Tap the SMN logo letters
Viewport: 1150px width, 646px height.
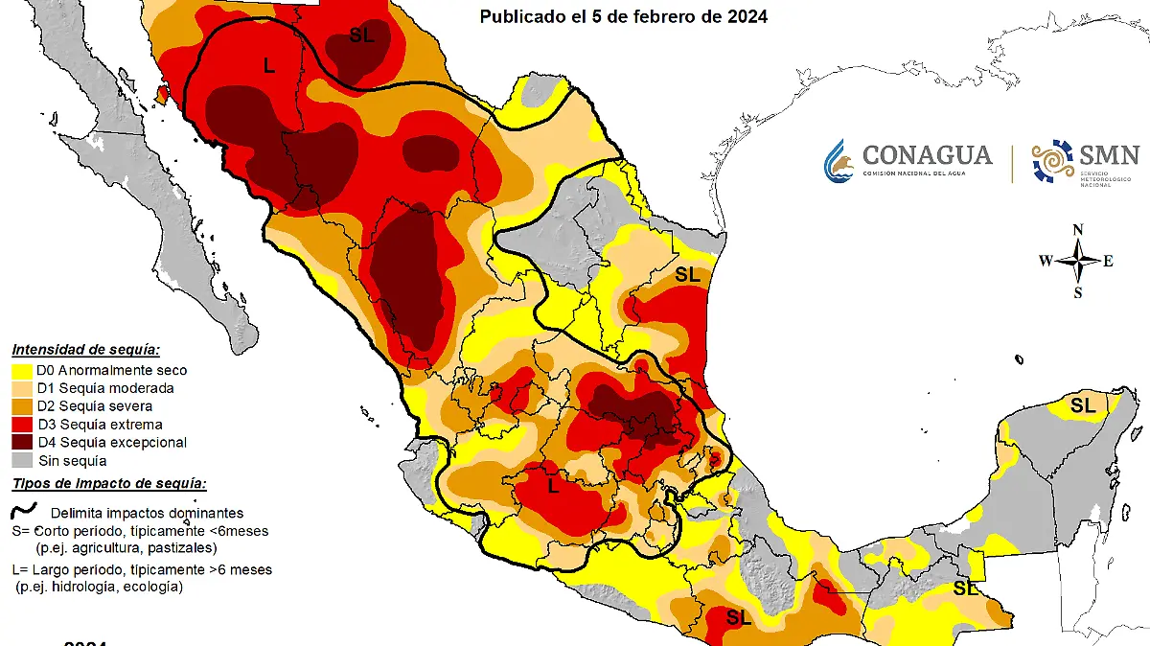coord(1109,154)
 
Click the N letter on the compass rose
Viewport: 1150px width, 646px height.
coord(1078,229)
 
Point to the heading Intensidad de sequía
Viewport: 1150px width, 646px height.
coord(85,350)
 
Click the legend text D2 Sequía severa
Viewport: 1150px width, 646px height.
coord(94,406)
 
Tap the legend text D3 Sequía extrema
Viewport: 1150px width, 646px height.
coord(99,425)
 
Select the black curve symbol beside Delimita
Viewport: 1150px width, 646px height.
coord(23,511)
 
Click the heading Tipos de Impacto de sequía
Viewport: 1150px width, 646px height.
coord(109,484)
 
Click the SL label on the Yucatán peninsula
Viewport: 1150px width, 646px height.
coord(1083,405)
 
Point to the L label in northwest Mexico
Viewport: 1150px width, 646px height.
coord(269,65)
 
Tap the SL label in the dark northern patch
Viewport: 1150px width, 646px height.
coord(361,35)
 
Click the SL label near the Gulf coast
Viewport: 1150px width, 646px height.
coord(688,275)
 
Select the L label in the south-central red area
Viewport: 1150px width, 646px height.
coord(553,487)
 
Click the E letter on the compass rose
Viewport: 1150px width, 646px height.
coord(1109,261)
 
